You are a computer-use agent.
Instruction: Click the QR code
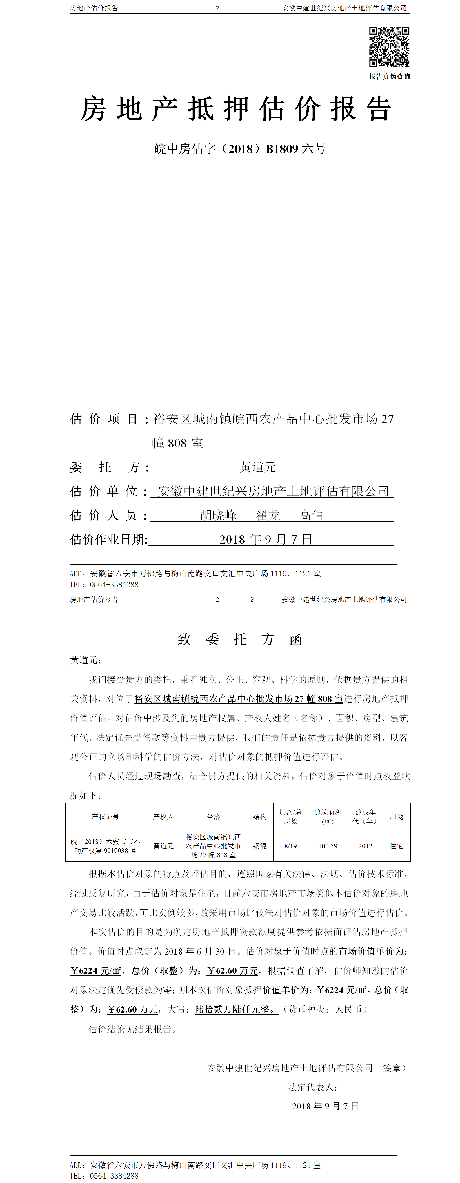point(389,47)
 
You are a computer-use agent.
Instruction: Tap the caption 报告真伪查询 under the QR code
point(389,77)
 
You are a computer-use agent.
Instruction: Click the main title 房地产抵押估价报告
point(236,109)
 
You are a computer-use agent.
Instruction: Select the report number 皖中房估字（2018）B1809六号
point(240,149)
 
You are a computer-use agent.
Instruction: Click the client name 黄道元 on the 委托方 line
point(258,467)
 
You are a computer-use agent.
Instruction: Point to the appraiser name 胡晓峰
point(219,515)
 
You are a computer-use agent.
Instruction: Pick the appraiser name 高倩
point(311,515)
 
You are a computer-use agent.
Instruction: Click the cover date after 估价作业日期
point(266,539)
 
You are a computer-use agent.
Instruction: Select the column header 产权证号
point(106,817)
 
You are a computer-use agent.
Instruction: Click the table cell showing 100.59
point(328,846)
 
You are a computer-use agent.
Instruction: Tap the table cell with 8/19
point(291,846)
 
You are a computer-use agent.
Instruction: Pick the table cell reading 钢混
point(260,846)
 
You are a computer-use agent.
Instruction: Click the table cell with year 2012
point(366,846)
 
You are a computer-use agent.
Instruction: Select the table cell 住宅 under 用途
point(397,846)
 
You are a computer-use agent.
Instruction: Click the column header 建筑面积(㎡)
point(328,817)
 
